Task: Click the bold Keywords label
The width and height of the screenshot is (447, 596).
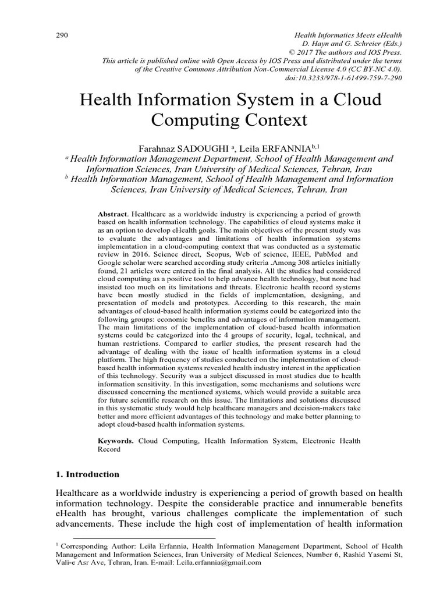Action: click(115, 441)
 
